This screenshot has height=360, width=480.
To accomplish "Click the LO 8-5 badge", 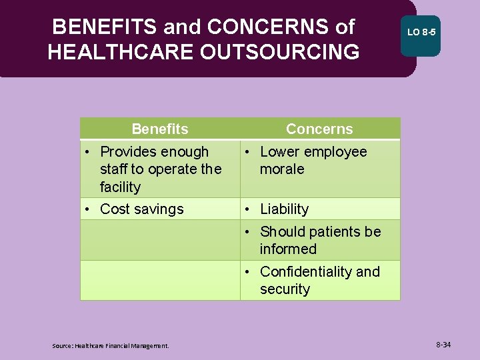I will [421, 32].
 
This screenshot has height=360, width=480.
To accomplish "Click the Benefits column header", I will [160, 129].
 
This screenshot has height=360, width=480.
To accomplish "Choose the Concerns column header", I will [319, 129].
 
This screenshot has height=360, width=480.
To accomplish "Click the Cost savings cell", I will [141, 209].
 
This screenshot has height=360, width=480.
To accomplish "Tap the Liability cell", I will [284, 209].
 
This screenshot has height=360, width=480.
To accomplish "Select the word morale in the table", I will [282, 169].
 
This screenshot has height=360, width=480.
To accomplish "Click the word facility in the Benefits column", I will [120, 187].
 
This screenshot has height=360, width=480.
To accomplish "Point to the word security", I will [285, 289].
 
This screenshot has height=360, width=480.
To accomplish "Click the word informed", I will [288, 249].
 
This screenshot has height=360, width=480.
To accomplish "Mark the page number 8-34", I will [443, 345].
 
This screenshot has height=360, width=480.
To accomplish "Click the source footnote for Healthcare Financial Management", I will [111, 345].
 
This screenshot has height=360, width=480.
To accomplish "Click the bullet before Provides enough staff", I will [87, 152].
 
